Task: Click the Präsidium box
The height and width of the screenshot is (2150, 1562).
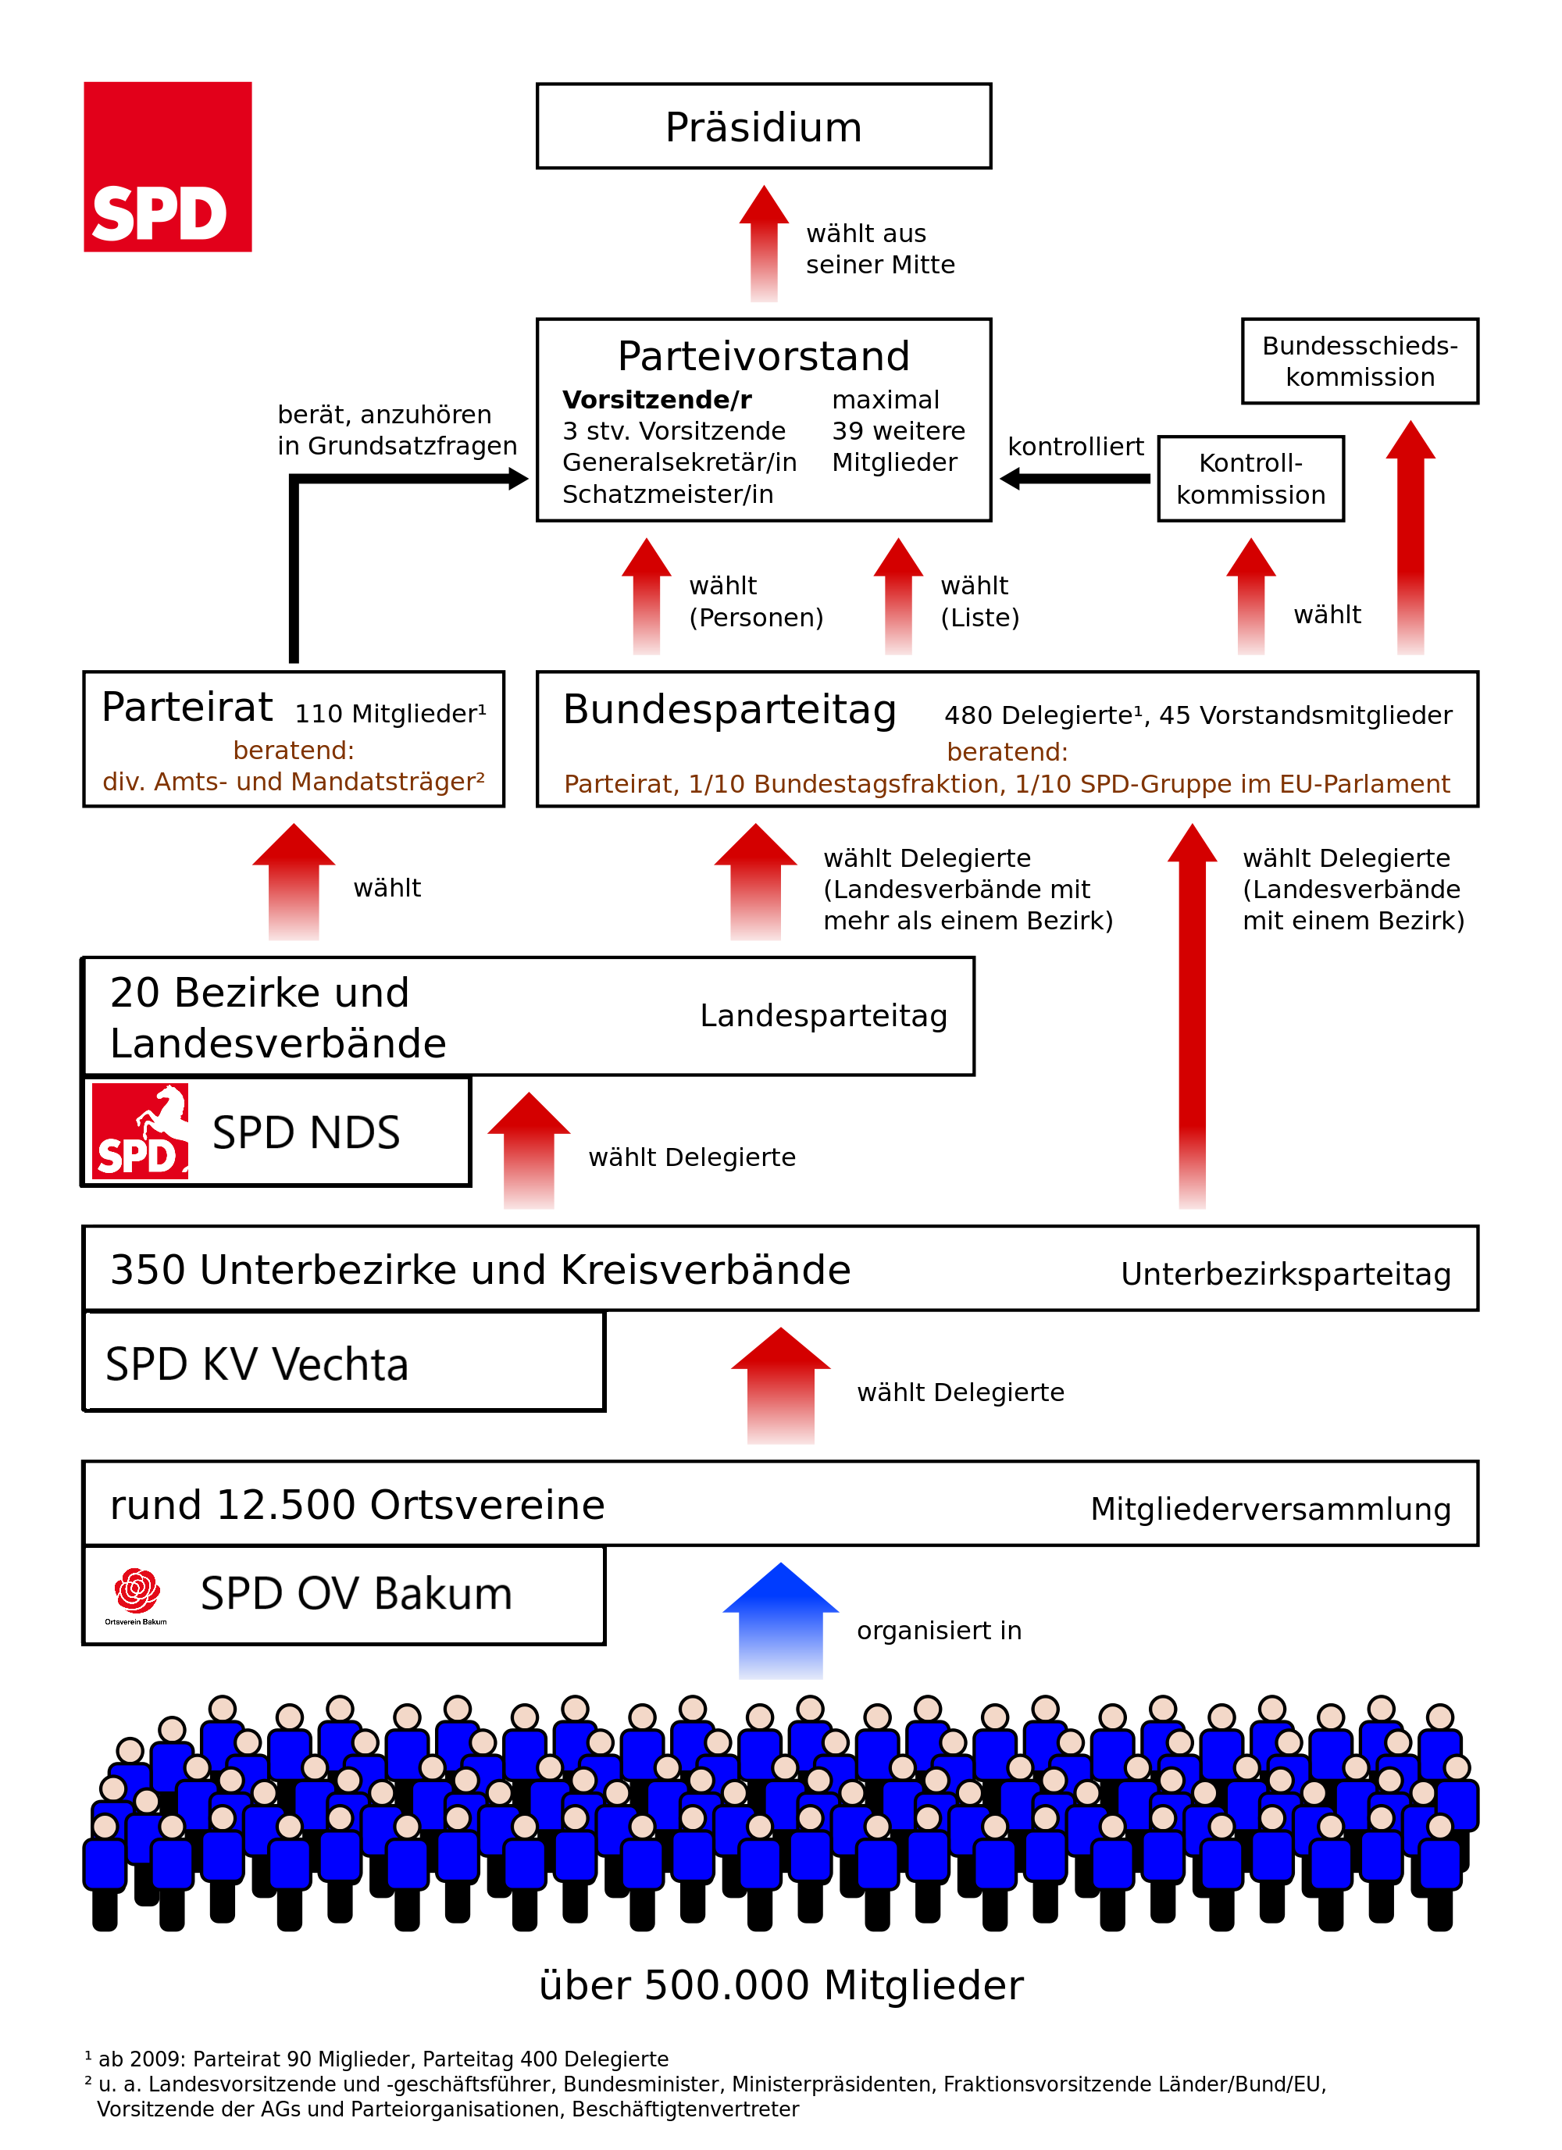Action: click(763, 126)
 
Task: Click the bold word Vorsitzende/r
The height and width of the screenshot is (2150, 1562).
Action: click(656, 400)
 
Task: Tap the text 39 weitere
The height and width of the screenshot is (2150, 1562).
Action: click(897, 431)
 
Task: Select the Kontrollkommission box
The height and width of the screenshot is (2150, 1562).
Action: click(1250, 479)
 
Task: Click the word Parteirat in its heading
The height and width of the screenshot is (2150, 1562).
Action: click(187, 708)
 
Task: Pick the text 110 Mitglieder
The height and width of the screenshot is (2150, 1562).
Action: click(390, 714)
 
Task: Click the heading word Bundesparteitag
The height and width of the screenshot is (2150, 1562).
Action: click(729, 710)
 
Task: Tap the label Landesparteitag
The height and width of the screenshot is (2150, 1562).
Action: click(822, 1015)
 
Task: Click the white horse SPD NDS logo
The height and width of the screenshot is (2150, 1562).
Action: click(141, 1131)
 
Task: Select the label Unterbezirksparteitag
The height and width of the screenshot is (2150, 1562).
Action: click(1286, 1274)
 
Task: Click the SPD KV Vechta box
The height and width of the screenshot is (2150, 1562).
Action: click(343, 1361)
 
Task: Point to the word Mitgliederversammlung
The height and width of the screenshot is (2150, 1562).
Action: click(1270, 1509)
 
